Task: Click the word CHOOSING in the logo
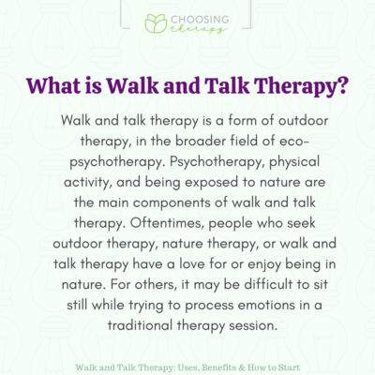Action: tap(199, 20)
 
